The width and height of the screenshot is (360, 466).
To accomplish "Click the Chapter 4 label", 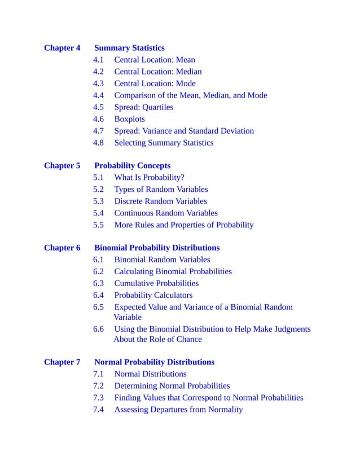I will point(62,48).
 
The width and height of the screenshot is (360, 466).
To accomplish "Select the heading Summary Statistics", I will point(129,48).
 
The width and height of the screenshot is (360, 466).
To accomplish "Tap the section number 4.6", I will point(98,119).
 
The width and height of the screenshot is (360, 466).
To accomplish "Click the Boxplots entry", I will point(129,119).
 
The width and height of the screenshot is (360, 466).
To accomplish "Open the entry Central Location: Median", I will point(157,72).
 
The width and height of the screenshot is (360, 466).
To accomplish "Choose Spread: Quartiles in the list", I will point(143,107).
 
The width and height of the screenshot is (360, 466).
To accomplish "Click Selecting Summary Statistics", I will point(164,143).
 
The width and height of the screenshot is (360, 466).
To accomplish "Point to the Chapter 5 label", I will point(62,166).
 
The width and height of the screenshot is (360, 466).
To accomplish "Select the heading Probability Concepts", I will point(132,166).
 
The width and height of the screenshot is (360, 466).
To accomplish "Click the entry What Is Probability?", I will point(149,178).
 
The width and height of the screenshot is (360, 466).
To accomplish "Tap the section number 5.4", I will point(98,213).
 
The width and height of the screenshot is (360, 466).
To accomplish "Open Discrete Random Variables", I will point(160,201).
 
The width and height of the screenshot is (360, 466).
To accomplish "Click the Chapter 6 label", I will point(62,248).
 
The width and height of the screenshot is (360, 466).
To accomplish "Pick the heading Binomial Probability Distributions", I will point(157,248).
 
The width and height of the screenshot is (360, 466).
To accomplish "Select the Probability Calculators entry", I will point(153,295).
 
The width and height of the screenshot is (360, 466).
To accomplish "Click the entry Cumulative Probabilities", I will point(156,283).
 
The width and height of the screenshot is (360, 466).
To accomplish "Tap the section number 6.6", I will point(98,329).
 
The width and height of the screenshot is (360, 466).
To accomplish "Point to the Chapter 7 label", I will point(62,362).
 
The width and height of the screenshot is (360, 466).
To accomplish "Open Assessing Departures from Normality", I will point(178,410).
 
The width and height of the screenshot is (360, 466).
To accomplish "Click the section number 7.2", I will point(98,386).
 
